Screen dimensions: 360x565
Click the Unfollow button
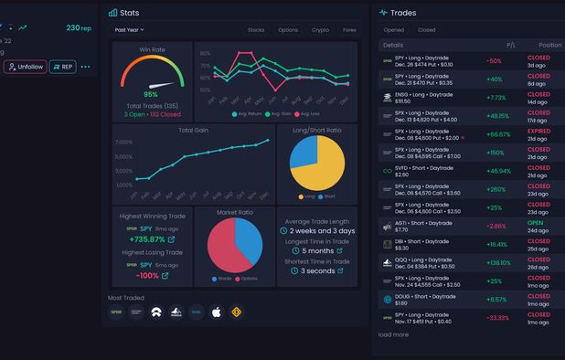point(25,67)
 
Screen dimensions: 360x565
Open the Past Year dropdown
point(129,30)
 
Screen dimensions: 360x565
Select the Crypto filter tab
point(320,30)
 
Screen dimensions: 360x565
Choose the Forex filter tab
point(349,30)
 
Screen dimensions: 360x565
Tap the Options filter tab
point(288,30)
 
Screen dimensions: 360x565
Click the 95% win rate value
point(151,94)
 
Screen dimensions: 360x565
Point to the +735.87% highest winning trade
point(148,239)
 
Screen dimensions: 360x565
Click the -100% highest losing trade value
point(146,275)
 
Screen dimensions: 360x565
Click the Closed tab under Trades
point(426,30)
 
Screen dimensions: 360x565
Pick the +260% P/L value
point(496,189)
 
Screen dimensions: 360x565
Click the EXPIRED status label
point(539,131)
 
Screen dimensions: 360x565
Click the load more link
point(393,334)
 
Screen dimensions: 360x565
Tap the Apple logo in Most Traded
point(217,312)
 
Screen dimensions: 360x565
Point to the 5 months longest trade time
point(316,250)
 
